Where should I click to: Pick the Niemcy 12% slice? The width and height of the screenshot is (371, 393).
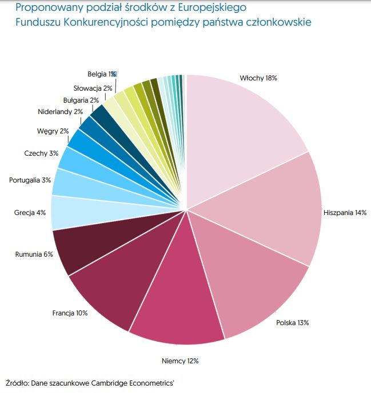[x=177, y=302]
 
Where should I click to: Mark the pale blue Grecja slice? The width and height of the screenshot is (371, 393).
[x=74, y=212]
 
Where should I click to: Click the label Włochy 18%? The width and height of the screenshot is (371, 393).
[x=258, y=78]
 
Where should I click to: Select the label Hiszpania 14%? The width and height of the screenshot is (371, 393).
[x=345, y=212]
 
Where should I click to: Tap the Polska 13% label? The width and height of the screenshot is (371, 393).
[x=292, y=323]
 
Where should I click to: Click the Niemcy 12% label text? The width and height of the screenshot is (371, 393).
[x=180, y=360]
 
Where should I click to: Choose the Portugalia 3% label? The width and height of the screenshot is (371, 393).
[x=30, y=180]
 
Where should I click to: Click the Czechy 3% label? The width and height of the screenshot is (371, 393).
[x=41, y=153]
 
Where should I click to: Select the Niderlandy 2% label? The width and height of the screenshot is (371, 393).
[x=61, y=112]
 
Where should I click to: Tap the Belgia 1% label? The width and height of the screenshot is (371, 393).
[x=102, y=74]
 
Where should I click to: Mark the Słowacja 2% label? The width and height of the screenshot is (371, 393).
[x=93, y=88]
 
